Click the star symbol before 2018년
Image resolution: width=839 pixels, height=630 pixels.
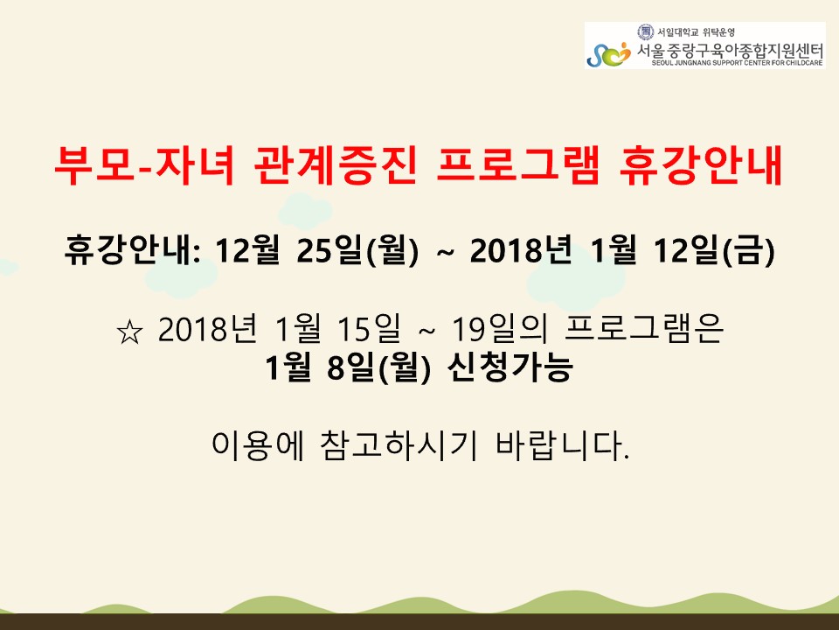[129, 332]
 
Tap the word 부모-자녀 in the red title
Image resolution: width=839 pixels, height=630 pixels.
[145, 166]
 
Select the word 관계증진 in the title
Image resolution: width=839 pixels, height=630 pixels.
[336, 166]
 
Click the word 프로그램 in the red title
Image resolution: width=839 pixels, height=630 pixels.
[518, 166]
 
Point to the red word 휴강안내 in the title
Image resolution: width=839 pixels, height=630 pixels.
[701, 166]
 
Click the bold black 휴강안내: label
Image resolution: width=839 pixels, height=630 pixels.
[133, 251]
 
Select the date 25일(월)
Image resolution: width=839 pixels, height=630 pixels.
[357, 251]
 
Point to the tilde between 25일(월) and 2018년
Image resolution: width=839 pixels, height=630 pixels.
[445, 252]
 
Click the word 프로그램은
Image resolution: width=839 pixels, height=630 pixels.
[644, 328]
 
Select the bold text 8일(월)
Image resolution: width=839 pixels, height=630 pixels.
[378, 367]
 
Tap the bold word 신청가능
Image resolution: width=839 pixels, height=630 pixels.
[510, 367]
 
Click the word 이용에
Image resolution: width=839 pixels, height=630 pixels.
[258, 445]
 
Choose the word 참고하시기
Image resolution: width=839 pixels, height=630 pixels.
[399, 445]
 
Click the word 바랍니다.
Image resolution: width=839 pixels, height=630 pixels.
[562, 445]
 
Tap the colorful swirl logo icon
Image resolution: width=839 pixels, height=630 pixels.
[609, 54]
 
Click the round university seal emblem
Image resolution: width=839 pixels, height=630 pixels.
[646, 31]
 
